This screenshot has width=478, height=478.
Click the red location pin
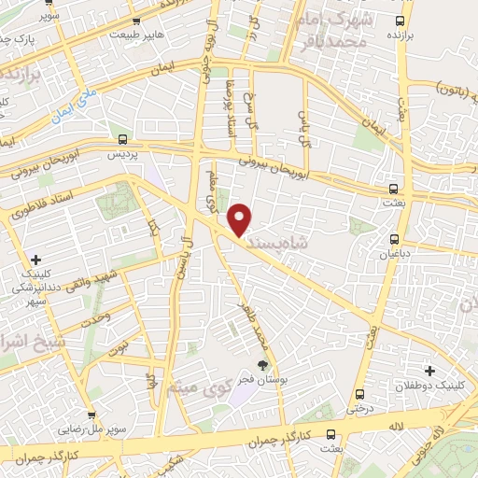(x=241, y=218)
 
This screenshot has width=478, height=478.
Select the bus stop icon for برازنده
(x=401, y=20)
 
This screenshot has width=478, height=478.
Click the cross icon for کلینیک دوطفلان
(x=429, y=371)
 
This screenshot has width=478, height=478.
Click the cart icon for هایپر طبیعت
(x=136, y=21)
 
